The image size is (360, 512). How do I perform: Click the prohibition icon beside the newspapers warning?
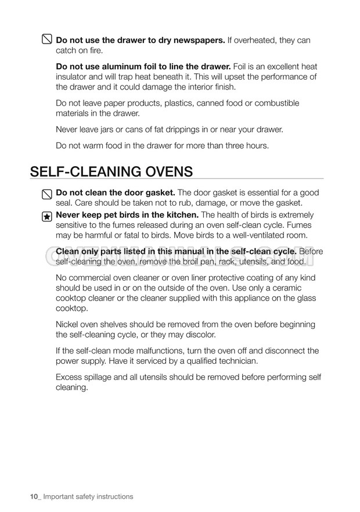[46, 41]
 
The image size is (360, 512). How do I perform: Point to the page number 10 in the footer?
[34, 496]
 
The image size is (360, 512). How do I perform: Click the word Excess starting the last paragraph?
[70, 377]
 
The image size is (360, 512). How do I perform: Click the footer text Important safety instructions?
[89, 496]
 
